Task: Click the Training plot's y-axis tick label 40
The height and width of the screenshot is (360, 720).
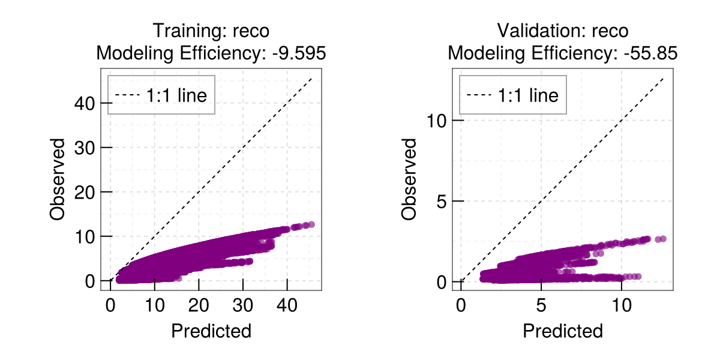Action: [85, 103]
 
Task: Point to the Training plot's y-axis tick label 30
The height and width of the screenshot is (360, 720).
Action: [85, 148]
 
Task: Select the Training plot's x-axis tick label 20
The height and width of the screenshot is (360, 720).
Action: [199, 305]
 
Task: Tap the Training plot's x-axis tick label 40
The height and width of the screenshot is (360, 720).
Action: [287, 305]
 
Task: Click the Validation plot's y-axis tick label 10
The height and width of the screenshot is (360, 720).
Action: [437, 121]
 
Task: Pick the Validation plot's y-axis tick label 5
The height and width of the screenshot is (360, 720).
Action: [442, 202]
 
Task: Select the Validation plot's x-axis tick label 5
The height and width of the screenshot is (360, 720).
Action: [541, 305]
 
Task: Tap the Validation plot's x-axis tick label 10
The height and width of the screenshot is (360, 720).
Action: [622, 305]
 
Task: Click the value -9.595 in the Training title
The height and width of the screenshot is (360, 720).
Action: [299, 53]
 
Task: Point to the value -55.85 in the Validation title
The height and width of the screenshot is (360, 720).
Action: [651, 53]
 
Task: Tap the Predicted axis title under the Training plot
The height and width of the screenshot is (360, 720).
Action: [211, 331]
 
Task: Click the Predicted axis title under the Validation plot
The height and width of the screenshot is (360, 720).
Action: [563, 331]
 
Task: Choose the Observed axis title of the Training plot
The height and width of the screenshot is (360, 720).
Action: [57, 179]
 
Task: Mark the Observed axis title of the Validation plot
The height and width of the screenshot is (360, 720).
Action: [409, 179]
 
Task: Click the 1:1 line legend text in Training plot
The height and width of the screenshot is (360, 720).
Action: [176, 95]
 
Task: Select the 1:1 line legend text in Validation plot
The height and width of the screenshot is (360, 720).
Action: [528, 95]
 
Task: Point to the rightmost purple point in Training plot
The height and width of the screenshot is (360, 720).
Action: [311, 224]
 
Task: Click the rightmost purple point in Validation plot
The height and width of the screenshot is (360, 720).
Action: [663, 239]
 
